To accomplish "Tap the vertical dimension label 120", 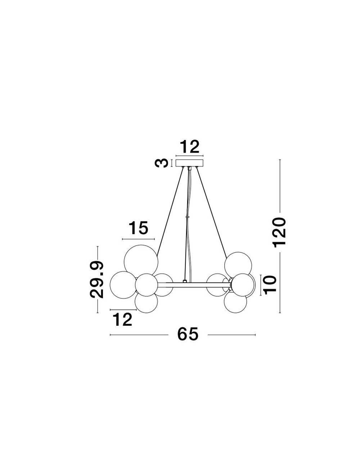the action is click(279, 233).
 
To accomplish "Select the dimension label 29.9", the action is click(97, 279).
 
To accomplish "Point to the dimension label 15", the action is click(139, 228).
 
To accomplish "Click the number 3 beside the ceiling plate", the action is click(161, 163).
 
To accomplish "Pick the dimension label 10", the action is click(270, 285).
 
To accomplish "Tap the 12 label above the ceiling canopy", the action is click(189, 147).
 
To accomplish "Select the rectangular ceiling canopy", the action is click(189, 163).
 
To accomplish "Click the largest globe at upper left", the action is click(141, 261).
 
